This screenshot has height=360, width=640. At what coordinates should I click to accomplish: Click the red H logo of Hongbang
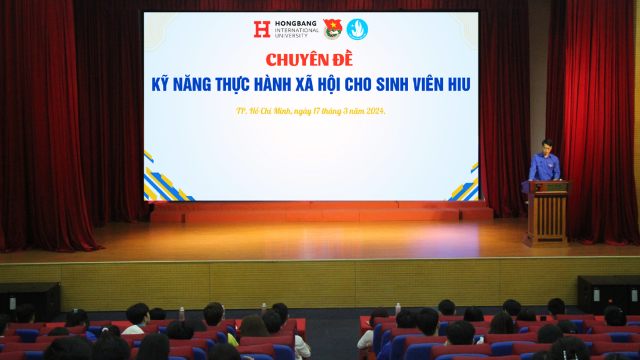click(262, 29)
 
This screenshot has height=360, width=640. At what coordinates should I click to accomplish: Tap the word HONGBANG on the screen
click(296, 24)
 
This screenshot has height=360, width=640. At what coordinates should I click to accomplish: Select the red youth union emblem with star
click(332, 29)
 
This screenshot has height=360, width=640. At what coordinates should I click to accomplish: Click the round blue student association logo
click(357, 29)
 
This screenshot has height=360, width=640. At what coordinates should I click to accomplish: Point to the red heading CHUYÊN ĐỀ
click(309, 60)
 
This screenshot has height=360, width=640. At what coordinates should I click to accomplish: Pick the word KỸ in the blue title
click(161, 84)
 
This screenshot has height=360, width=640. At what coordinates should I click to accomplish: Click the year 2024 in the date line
click(376, 111)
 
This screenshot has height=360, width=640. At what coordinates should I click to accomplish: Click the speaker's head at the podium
click(547, 145)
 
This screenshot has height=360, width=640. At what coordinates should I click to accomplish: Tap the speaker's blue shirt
click(544, 166)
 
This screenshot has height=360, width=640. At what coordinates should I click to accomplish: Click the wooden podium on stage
click(546, 214)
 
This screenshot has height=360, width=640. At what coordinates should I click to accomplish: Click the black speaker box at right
click(609, 294)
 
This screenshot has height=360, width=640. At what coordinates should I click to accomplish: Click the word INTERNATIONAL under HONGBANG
click(297, 30)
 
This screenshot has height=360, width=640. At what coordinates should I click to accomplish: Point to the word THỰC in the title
click(232, 84)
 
